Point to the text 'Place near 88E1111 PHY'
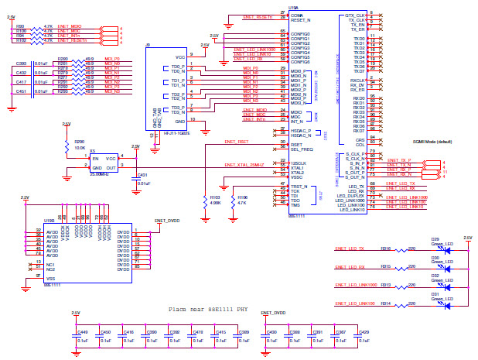[x=209, y=308]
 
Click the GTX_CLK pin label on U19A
[x=355, y=14]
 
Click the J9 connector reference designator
[x=148, y=46]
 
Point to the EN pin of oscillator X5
[x=96, y=158]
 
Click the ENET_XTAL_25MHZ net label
[x=244, y=166]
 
